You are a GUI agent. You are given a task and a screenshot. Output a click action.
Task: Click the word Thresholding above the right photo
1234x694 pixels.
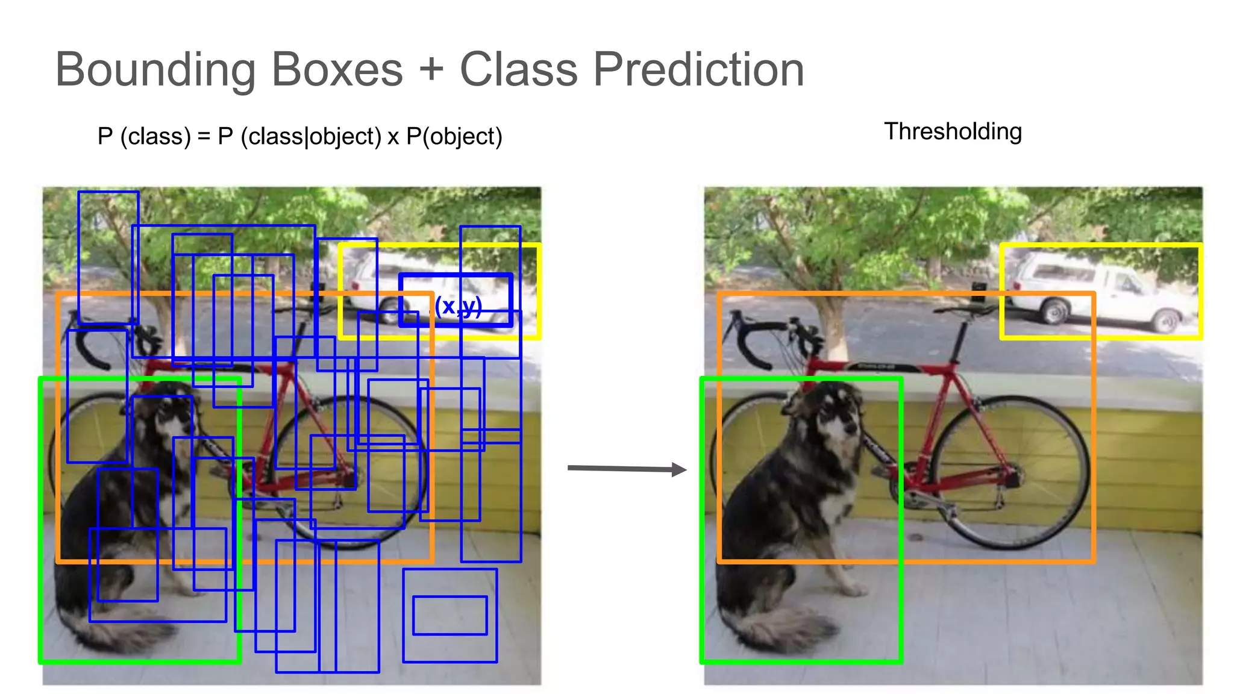(953, 131)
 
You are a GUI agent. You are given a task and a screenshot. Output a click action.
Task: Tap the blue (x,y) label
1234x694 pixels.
(458, 307)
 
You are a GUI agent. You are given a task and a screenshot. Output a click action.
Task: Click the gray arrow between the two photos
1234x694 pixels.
(627, 469)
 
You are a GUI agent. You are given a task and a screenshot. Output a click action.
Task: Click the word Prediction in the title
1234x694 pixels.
(698, 70)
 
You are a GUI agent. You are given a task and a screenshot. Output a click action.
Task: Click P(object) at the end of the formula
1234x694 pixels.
(454, 137)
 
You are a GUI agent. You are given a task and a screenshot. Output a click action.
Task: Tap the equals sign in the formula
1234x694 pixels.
(204, 137)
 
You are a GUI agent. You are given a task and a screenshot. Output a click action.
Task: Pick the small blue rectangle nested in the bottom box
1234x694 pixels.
(449, 615)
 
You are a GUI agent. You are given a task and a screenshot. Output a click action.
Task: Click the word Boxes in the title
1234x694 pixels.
(337, 70)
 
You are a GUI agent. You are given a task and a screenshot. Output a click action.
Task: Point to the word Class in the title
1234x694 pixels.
(518, 70)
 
